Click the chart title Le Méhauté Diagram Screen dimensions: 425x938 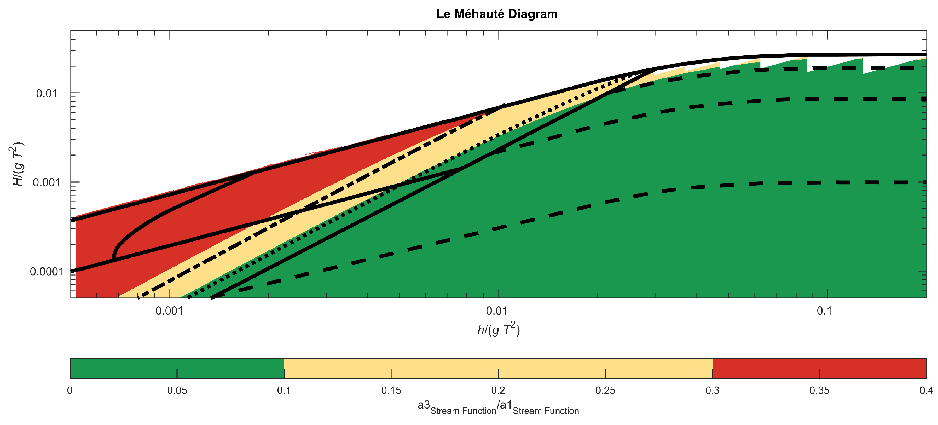[497, 14]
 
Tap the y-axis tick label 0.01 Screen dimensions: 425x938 [47, 94]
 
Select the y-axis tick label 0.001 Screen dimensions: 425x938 [47, 182]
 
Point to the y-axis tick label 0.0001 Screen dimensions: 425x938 [47, 272]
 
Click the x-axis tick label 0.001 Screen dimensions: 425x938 [169, 311]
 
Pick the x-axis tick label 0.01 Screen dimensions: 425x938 [497, 311]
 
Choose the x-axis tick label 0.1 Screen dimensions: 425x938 [824, 311]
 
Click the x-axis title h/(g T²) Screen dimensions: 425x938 [499, 330]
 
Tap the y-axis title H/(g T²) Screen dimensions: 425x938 [18, 164]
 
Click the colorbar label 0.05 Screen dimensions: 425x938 [177, 391]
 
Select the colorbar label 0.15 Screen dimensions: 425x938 [391, 391]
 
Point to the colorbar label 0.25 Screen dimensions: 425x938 [605, 391]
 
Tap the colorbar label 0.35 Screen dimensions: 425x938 [819, 391]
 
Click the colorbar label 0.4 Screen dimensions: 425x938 [926, 391]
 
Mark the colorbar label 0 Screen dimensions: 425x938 [70, 391]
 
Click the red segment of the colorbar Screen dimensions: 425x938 [819, 368]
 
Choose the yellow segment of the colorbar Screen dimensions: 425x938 [498, 368]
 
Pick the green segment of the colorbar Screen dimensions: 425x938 [177, 368]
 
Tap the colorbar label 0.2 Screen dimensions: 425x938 [498, 391]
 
